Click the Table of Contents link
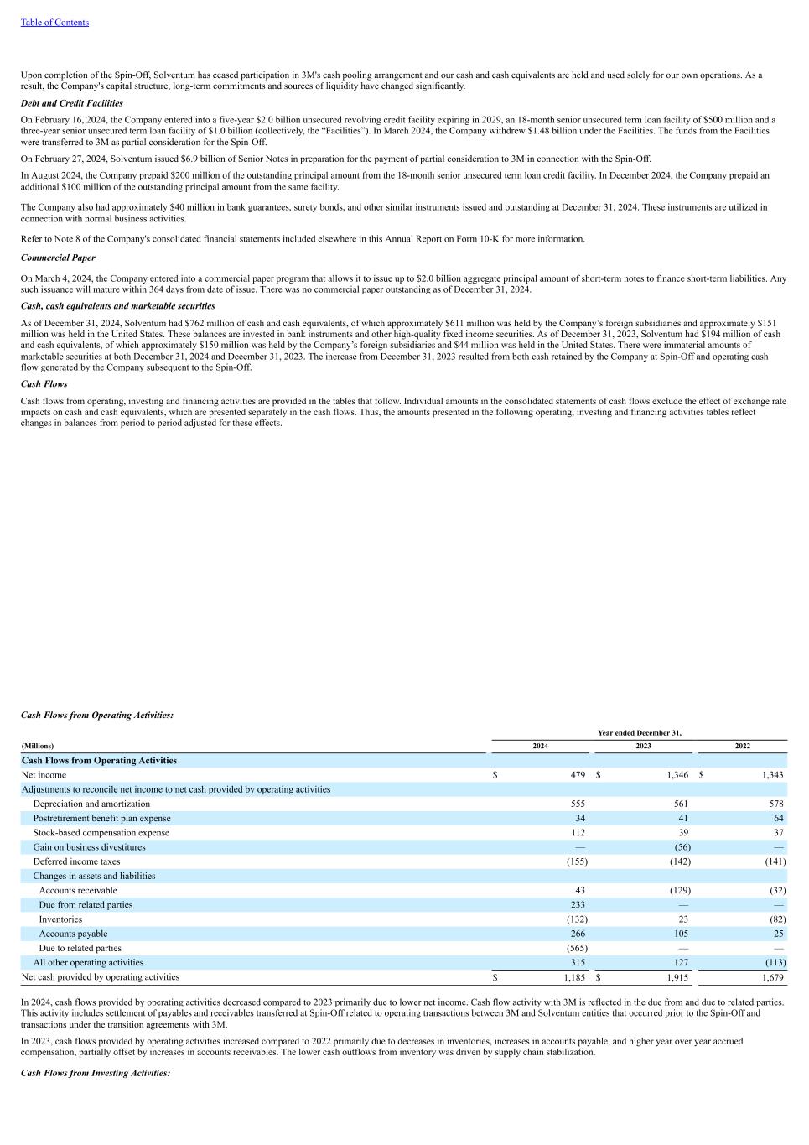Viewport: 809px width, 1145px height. (x=54, y=23)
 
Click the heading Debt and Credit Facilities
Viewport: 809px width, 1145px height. (x=71, y=103)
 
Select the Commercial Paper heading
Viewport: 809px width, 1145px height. (x=58, y=258)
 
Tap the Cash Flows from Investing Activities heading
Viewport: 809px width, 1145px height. (x=96, y=1073)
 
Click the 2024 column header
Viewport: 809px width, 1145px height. (x=541, y=746)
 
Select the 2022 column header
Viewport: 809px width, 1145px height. (x=743, y=746)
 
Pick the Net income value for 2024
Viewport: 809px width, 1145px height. (x=578, y=775)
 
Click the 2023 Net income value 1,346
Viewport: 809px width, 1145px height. (x=677, y=775)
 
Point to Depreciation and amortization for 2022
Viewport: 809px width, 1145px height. (x=775, y=804)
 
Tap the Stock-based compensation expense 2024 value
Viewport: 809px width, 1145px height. (x=578, y=833)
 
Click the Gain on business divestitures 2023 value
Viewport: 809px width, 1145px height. (x=682, y=847)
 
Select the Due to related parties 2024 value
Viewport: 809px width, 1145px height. (x=577, y=948)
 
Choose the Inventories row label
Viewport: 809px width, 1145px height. (x=60, y=919)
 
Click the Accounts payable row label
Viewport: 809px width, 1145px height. (x=73, y=934)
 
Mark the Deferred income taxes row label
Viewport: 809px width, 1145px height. (x=76, y=861)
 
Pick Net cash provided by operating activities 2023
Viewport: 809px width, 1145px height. (x=677, y=977)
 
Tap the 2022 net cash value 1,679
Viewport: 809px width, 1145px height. (x=772, y=977)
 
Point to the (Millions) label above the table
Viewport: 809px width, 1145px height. (x=38, y=746)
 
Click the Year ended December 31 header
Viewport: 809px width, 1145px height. (x=639, y=733)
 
